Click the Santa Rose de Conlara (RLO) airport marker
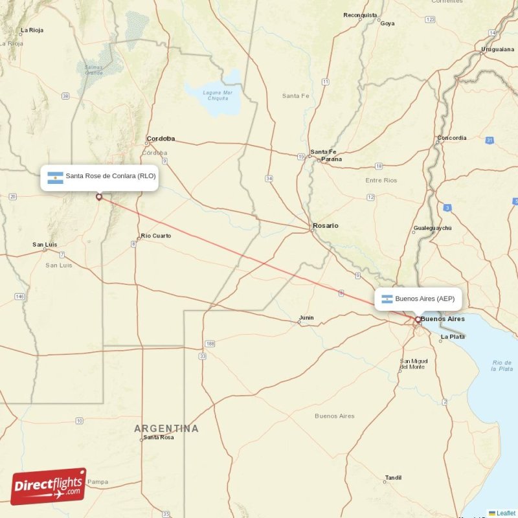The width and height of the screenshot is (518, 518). click(x=98, y=197)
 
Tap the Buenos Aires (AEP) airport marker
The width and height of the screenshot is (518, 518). click(x=418, y=319)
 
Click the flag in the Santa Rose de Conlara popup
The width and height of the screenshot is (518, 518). click(x=56, y=177)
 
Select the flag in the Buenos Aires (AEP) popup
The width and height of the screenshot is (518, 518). click(x=387, y=299)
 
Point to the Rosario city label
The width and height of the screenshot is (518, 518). click(x=325, y=226)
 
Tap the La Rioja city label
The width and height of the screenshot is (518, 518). click(x=31, y=30)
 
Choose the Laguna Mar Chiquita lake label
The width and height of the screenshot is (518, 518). click(x=217, y=96)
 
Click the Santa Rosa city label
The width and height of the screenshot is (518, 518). click(x=159, y=437)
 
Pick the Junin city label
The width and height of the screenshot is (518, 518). click(x=306, y=317)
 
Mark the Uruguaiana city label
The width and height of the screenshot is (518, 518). click(x=498, y=49)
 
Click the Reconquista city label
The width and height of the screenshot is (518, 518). click(x=360, y=15)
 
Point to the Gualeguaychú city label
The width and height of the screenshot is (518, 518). click(x=432, y=229)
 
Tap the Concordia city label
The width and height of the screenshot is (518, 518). click(x=451, y=138)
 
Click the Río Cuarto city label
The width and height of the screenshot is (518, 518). click(x=156, y=236)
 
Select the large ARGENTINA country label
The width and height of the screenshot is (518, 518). click(x=166, y=429)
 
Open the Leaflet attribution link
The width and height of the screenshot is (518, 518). click(x=506, y=513)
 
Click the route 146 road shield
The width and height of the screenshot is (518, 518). click(x=20, y=297)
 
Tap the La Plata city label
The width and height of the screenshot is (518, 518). click(x=452, y=337)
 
